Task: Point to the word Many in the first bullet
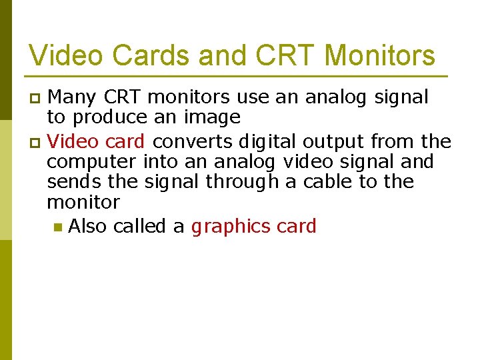pos(73,98)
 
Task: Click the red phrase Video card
pos(97,141)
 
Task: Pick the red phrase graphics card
pos(253,227)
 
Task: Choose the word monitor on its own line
pos(83,202)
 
